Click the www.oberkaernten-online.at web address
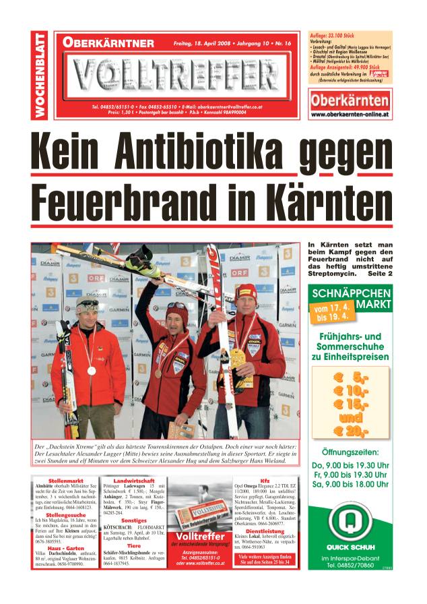[x=350, y=115]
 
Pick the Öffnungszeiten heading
[x=350, y=452]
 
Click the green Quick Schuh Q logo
[x=350, y=522]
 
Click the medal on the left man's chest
[x=91, y=370]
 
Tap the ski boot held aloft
[x=143, y=260]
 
